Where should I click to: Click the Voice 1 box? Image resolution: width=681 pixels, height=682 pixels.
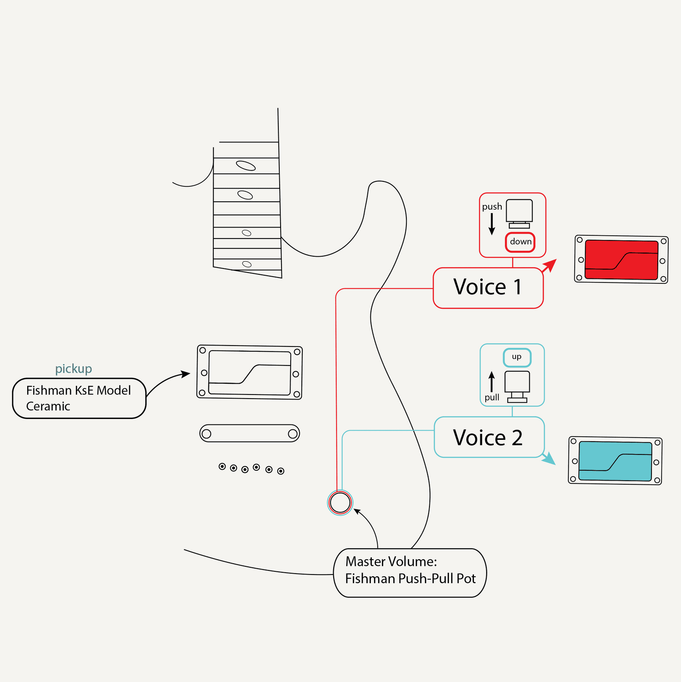(488, 288)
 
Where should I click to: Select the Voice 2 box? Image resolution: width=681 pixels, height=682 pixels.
(489, 438)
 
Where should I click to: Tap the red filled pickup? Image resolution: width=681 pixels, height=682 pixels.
(621, 260)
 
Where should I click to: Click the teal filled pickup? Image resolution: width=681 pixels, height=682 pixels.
(615, 461)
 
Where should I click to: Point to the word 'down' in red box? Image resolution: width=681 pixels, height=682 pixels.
(520, 242)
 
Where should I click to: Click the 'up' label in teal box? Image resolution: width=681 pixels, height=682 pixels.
(517, 357)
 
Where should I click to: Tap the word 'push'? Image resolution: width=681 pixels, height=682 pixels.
(492, 207)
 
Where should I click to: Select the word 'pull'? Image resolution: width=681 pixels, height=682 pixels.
(492, 398)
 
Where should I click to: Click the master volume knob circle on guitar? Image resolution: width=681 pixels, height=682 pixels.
(340, 502)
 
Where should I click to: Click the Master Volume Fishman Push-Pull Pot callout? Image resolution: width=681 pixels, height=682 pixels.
(410, 573)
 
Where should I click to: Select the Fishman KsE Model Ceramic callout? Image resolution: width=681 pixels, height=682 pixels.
(79, 398)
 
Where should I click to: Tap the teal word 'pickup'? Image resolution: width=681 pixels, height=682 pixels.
(74, 369)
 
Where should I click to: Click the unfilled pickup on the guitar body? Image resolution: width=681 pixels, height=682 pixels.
(249, 372)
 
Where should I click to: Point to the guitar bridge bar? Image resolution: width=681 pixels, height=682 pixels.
(250, 434)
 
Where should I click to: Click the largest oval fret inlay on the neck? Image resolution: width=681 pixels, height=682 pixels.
(246, 166)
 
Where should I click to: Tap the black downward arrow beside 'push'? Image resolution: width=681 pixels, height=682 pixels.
(492, 224)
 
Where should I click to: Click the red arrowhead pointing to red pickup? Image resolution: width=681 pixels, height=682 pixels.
(551, 264)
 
